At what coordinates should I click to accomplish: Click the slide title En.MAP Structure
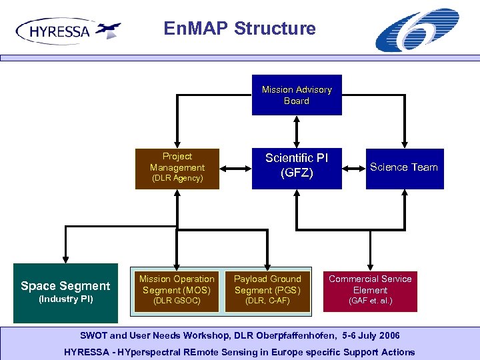(239, 29)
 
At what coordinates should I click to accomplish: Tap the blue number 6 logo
(417, 31)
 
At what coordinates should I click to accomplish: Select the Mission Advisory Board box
(297, 95)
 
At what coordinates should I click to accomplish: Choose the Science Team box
(404, 168)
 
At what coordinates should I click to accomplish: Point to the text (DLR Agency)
(177, 179)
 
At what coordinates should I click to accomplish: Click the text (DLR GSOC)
(177, 301)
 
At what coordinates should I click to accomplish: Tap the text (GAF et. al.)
(370, 301)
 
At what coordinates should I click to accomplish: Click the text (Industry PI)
(65, 299)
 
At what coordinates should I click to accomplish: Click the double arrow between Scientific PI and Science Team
(353, 169)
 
